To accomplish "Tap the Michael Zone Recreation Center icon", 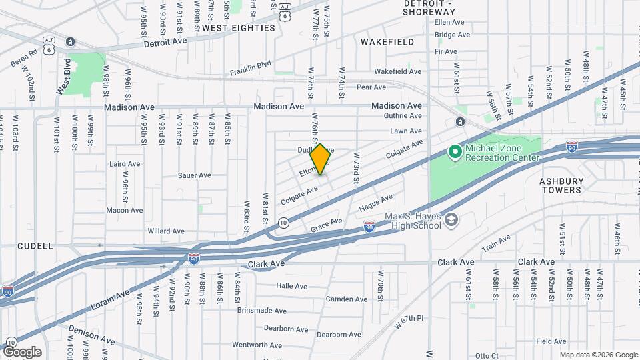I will pos(455,153).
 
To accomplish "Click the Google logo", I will pos(22,352).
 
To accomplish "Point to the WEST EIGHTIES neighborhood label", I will pos(238,28).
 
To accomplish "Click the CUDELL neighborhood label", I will pos(35,246).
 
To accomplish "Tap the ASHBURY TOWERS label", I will pos(561,185).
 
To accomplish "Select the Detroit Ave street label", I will pos(166,42).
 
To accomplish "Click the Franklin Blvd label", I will pos(251,68).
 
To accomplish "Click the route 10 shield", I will pos(283,223).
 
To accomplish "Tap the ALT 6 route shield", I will pos(49,41).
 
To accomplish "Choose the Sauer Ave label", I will pos(195,176).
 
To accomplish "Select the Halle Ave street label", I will pos(291,286).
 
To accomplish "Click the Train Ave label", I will pos(495,242).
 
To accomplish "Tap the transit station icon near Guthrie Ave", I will pos(460,122).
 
